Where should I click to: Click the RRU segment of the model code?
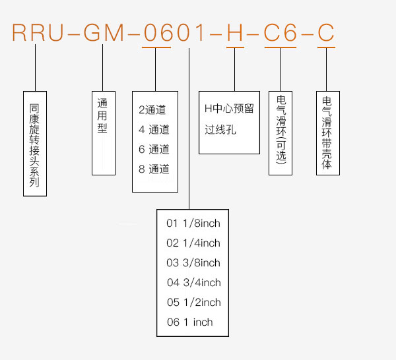pyautogui.click(x=38, y=32)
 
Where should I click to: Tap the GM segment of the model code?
pyautogui.click(x=104, y=32)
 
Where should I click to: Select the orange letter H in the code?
pyautogui.click(x=235, y=32)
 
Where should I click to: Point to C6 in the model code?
pyautogui.click(x=280, y=32)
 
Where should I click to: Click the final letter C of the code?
pyautogui.click(x=326, y=32)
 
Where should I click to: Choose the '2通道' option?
pyautogui.click(x=152, y=109)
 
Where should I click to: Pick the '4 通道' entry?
pyautogui.click(x=154, y=129)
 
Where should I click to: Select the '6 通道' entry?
pyautogui.click(x=154, y=149)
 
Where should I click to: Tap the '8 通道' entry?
pyautogui.click(x=154, y=169)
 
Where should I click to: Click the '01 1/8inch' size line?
pyautogui.click(x=193, y=224)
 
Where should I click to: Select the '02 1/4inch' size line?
pyautogui.click(x=193, y=243)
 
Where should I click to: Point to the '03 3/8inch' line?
pyautogui.click(x=193, y=262)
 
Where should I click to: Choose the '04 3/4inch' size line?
pyautogui.click(x=193, y=283)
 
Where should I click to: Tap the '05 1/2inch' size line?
pyautogui.click(x=193, y=302)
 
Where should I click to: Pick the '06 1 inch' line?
pyautogui.click(x=189, y=322)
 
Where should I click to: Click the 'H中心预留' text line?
pyautogui.click(x=229, y=109)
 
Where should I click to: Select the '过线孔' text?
pyautogui.click(x=220, y=130)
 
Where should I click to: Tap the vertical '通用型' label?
pyautogui.click(x=102, y=115)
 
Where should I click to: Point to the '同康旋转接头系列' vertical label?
pyautogui.click(x=34, y=145)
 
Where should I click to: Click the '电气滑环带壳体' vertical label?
pyautogui.click(x=327, y=133)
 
